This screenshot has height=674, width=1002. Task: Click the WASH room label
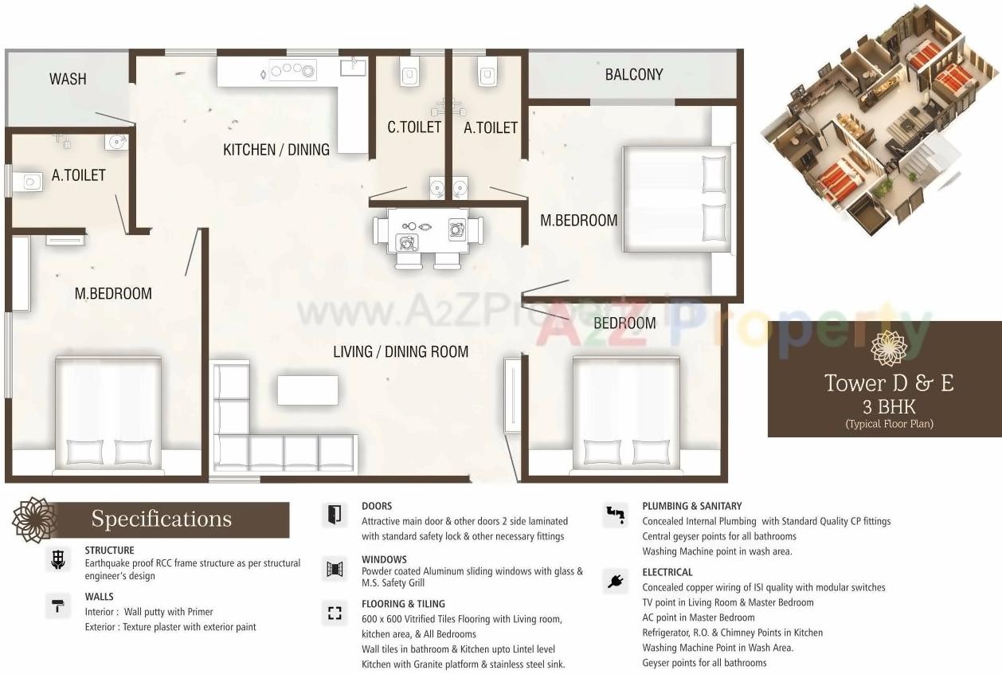(68, 79)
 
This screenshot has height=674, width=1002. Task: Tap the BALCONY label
(634, 74)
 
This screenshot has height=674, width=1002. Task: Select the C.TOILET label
(414, 127)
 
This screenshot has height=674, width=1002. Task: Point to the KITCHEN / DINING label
(276, 149)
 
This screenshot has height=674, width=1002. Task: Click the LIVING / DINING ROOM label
(401, 351)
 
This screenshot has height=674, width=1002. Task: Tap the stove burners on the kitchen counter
(292, 71)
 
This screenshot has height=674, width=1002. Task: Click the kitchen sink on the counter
(353, 67)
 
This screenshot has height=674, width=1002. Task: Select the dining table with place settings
(428, 231)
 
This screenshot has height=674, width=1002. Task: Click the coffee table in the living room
(307, 390)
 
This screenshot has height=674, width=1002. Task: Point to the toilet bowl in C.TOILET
(410, 74)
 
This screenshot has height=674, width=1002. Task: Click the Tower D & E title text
(889, 383)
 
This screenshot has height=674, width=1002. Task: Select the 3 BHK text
(889, 407)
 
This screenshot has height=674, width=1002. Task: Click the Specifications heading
(161, 519)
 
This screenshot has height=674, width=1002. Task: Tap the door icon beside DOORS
(335, 514)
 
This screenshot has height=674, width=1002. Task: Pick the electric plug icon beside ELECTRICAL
(614, 581)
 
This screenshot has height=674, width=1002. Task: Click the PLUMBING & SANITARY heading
(691, 506)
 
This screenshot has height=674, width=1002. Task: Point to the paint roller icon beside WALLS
(57, 607)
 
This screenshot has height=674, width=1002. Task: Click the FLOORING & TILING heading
(403, 604)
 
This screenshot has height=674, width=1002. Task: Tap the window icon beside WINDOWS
(335, 569)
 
